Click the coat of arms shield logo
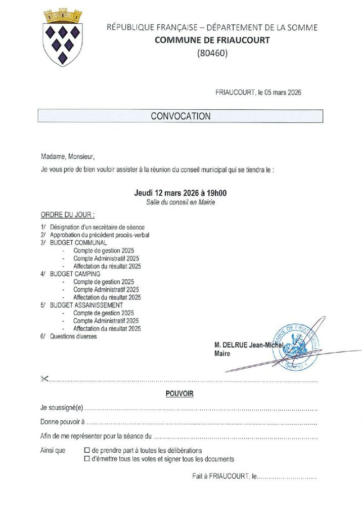click(63, 44)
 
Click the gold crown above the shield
click(63, 16)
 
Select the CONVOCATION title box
click(180, 116)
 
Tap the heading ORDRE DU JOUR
click(67, 214)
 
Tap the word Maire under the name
click(222, 354)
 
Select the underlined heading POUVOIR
click(179, 393)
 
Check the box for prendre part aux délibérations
click(87, 450)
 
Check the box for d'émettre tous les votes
click(87, 459)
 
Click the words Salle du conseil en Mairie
click(180, 202)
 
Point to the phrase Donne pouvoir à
click(62, 422)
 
